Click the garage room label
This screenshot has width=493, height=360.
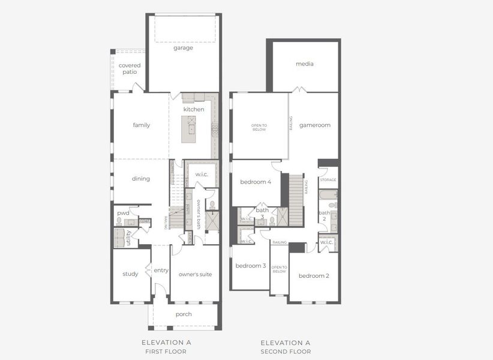coord(183,48)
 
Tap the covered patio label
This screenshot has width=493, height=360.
coord(130,68)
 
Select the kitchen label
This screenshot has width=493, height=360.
coord(194,109)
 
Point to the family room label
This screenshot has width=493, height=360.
coord(142,125)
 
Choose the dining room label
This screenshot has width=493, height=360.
coord(140,179)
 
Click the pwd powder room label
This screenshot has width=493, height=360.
coord(124,213)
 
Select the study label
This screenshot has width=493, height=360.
coord(130,274)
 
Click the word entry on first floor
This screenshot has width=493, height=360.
coord(161,271)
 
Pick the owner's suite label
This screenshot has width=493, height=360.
coord(195,274)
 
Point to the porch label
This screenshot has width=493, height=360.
coord(184,314)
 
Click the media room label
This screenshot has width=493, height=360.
coord(305,64)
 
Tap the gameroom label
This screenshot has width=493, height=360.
coord(315,125)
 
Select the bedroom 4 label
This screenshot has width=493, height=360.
coord(255,182)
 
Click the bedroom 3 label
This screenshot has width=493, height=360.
coord(250,266)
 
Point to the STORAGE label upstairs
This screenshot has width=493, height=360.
coord(328,179)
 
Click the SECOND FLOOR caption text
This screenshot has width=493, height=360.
coord(285,352)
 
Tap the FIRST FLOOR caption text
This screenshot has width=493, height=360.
coord(166,352)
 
